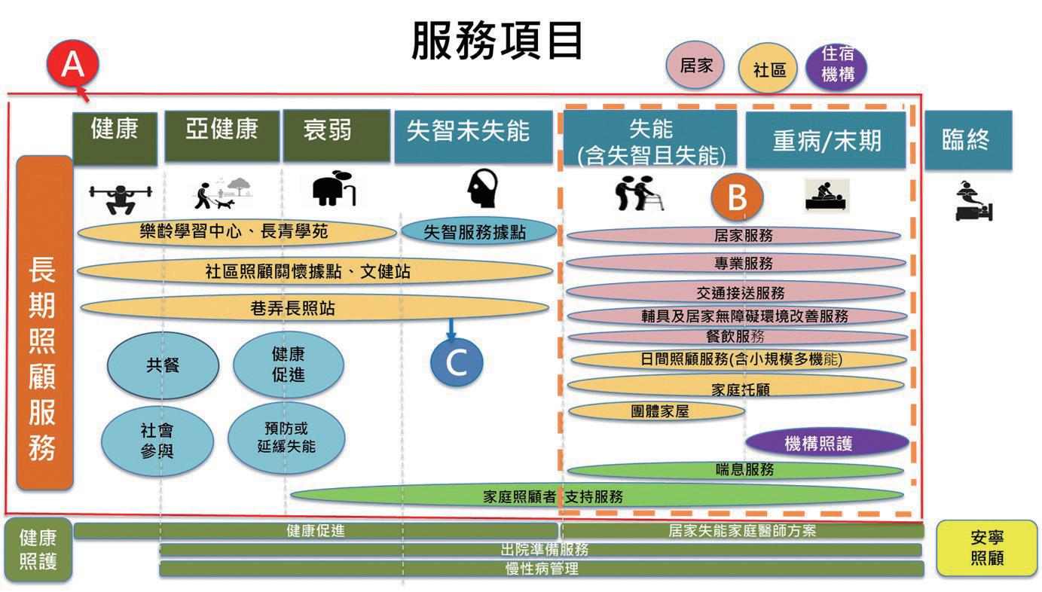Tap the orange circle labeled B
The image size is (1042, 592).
click(737, 198)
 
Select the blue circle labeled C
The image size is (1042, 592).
click(457, 363)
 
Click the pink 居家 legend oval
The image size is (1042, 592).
click(695, 66)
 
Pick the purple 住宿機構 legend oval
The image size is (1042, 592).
click(836, 66)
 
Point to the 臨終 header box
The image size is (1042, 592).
click(967, 139)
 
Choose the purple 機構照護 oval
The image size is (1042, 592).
click(817, 443)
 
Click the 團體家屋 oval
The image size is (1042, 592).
click(655, 411)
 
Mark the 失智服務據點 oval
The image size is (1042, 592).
click(475, 232)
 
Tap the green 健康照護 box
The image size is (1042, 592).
click(38, 550)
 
